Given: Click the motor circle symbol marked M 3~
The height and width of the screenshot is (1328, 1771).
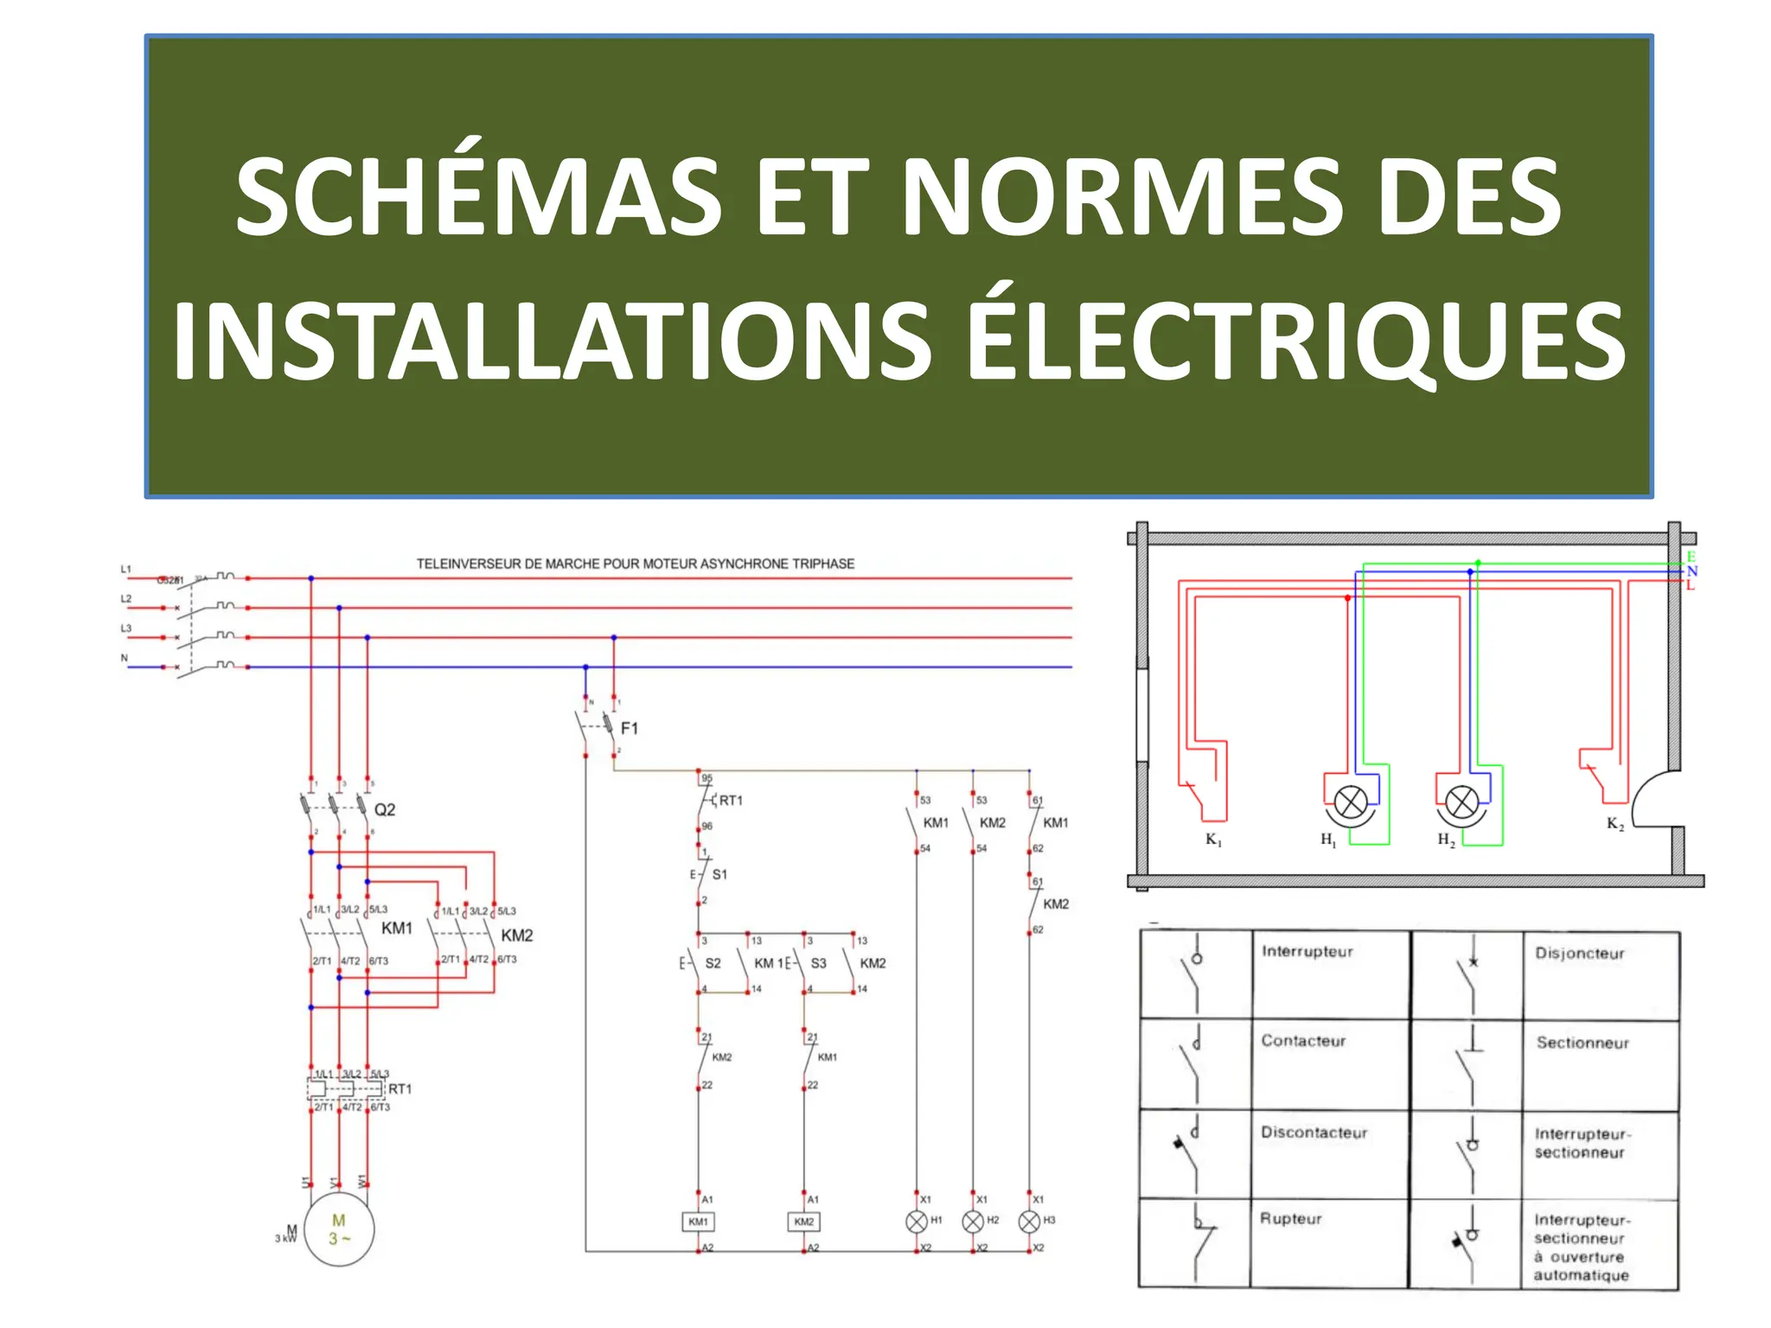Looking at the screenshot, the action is point(339,1229).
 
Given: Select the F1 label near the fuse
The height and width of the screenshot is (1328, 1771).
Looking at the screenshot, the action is point(630,729).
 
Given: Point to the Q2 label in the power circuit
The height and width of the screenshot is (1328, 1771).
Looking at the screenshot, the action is point(385,809).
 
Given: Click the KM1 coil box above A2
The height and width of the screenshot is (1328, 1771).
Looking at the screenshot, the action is point(698,1222).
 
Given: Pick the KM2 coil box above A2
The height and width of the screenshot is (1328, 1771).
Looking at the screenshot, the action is point(804,1222).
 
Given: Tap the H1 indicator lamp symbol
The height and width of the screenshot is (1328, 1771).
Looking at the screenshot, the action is point(917,1222).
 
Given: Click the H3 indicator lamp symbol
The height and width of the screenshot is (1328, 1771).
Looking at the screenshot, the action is point(1029,1222).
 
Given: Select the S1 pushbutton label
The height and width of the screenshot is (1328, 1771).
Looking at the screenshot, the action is point(719,875).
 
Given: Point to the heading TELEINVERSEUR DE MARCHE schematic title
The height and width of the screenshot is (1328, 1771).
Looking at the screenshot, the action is point(636,564).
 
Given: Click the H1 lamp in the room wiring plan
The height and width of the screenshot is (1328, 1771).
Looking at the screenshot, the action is point(1351,802).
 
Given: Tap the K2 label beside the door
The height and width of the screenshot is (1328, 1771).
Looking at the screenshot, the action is point(1614,823).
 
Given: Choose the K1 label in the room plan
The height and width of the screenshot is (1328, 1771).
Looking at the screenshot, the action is point(1213,840).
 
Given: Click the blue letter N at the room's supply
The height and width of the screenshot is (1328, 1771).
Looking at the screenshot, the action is point(1691,571).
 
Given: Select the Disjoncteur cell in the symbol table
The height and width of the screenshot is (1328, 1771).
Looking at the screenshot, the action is point(1579,954).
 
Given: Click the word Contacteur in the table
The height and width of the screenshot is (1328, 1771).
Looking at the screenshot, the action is point(1303,1041).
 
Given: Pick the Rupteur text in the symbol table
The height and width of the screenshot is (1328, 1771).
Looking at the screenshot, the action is point(1290,1219).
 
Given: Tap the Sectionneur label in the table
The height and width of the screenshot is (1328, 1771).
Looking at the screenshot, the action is point(1582,1043).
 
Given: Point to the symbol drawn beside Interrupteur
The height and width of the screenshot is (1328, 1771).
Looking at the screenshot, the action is point(1195,973).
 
